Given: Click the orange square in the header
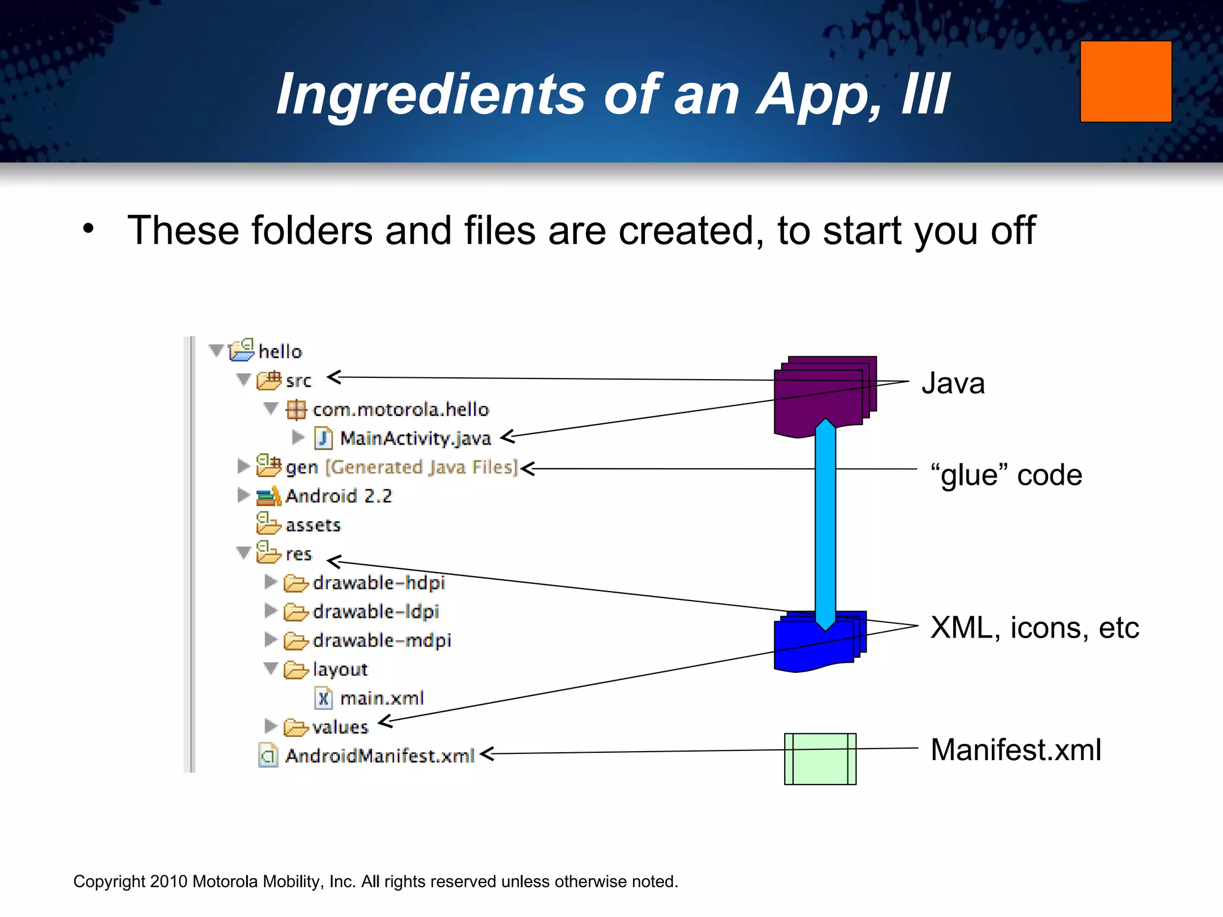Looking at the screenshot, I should pyautogui.click(x=1126, y=81).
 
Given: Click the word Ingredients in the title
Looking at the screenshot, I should pyautogui.click(x=430, y=94).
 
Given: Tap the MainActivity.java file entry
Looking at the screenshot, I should pyautogui.click(x=415, y=438).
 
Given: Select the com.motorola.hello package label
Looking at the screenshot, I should pyautogui.click(x=400, y=410).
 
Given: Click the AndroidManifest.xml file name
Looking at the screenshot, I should pyautogui.click(x=379, y=756).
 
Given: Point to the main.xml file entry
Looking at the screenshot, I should pyautogui.click(x=381, y=698).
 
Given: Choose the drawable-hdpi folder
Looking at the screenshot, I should pyautogui.click(x=378, y=583).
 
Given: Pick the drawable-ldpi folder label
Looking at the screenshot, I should pyautogui.click(x=376, y=611).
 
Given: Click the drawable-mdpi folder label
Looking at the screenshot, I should pyautogui.click(x=381, y=641).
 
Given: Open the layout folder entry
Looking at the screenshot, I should pyautogui.click(x=339, y=669).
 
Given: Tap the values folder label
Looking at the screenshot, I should pyautogui.click(x=340, y=727).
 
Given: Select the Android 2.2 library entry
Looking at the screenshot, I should pyautogui.click(x=338, y=496).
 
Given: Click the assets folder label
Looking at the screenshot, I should pyautogui.click(x=312, y=525).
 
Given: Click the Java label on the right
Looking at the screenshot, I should pyautogui.click(x=952, y=383).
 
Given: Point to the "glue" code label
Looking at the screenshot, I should pyautogui.click(x=1006, y=475).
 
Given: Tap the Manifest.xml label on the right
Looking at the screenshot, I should pyautogui.click(x=1015, y=750).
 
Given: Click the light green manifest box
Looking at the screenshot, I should pyautogui.click(x=820, y=759).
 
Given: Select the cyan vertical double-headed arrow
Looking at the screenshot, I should pyautogui.click(x=825, y=525).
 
